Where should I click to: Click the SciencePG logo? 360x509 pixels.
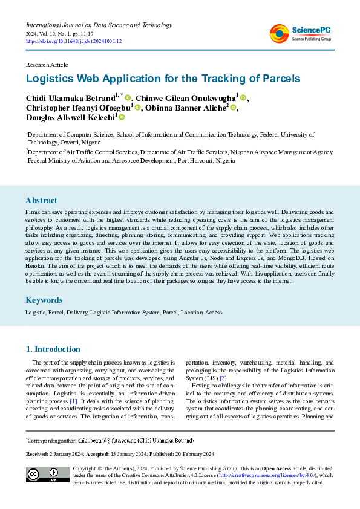(x=300, y=33)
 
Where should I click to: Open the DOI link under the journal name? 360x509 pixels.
(x=74, y=41)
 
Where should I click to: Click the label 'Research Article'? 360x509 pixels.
(x=46, y=63)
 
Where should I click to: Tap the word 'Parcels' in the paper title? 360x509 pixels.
(x=278, y=79)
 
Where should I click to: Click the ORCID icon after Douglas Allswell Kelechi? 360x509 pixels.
(x=122, y=118)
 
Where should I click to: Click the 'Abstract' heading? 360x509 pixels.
(x=42, y=200)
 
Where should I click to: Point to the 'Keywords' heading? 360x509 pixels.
(x=44, y=300)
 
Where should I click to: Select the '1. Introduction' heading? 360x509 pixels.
(x=54, y=349)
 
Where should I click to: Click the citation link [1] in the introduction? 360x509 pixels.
(x=74, y=401)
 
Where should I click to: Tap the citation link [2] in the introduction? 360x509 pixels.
(x=223, y=378)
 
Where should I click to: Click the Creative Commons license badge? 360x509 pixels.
(x=47, y=474)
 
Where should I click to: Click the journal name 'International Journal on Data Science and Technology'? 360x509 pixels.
(x=99, y=25)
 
